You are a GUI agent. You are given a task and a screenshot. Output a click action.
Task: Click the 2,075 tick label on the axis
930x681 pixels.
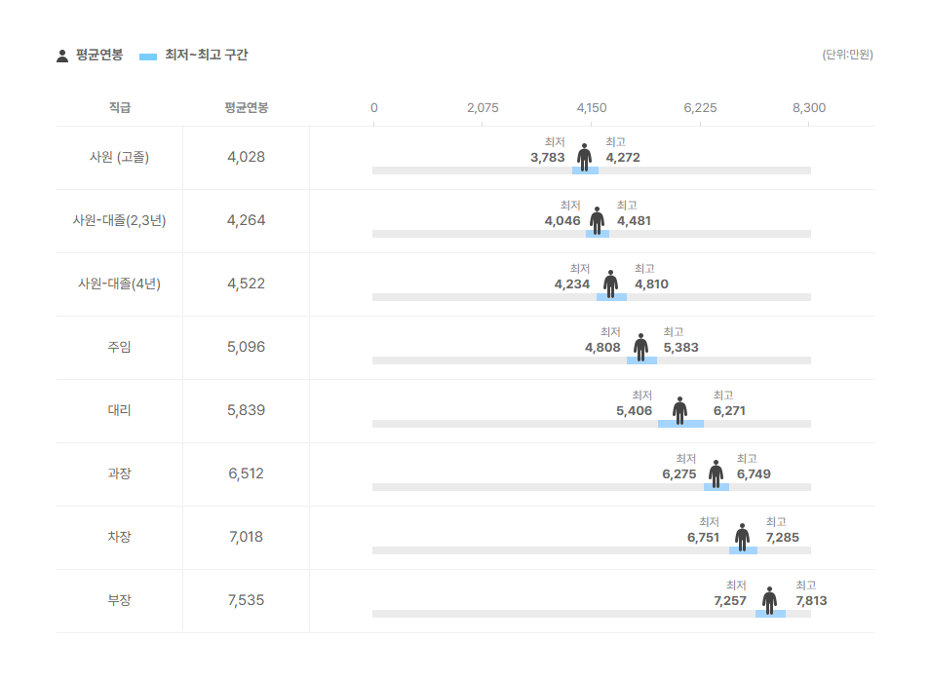click(x=483, y=108)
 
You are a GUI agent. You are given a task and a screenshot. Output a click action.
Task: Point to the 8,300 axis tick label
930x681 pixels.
click(x=808, y=108)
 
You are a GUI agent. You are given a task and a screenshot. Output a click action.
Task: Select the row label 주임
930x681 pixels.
click(x=119, y=347)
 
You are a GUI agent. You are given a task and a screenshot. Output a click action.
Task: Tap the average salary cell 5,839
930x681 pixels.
click(x=246, y=410)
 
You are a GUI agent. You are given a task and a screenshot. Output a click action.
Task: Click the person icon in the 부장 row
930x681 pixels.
click(x=769, y=600)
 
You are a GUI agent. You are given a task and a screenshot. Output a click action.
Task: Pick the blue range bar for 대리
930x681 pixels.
click(x=680, y=424)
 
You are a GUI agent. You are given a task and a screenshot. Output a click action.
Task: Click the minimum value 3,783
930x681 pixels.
click(x=548, y=158)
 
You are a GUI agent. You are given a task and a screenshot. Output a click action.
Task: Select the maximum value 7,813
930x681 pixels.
click(x=811, y=601)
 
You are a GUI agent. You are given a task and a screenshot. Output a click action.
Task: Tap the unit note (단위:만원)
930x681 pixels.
click(x=847, y=55)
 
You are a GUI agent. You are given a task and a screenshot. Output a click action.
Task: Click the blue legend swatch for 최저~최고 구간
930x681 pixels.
click(x=147, y=57)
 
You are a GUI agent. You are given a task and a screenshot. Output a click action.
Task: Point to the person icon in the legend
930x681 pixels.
click(x=62, y=56)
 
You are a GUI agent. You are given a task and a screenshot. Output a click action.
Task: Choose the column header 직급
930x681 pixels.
click(x=120, y=107)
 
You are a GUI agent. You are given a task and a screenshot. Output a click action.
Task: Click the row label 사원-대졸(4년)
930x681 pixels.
click(x=119, y=284)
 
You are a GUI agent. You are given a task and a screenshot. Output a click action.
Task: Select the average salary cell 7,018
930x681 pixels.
click(x=246, y=537)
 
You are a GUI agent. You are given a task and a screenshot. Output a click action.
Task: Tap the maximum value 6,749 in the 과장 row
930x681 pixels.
click(x=754, y=474)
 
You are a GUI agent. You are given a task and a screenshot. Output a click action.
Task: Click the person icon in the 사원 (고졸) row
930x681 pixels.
click(x=584, y=157)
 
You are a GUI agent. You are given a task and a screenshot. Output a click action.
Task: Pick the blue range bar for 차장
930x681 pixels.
click(x=743, y=550)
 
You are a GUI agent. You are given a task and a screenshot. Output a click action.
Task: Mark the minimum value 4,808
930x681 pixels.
click(x=602, y=347)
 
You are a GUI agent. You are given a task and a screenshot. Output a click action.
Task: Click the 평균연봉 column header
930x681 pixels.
click(x=246, y=107)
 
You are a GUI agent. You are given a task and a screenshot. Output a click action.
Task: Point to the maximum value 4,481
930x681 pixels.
click(x=634, y=221)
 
